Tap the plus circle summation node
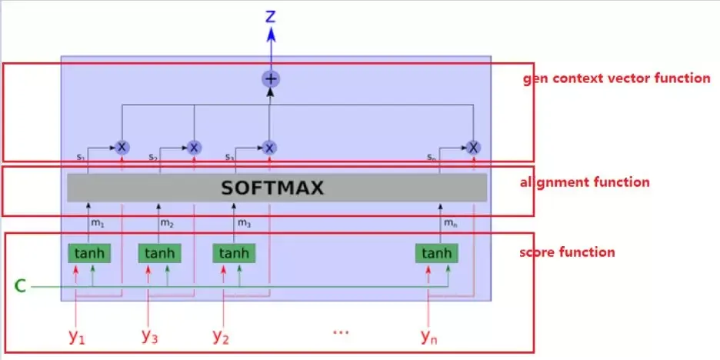coord(270,78)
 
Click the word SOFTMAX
coord(272,188)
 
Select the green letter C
coord(21,287)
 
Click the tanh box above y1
coord(88,253)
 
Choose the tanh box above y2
coord(233,253)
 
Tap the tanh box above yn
coord(436,253)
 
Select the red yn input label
coord(429,335)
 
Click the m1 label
coord(98,223)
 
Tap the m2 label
coord(167,223)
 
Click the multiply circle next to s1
coord(122,147)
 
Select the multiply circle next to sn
coord(473,147)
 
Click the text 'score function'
coord(567,252)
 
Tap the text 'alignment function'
coord(585,182)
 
